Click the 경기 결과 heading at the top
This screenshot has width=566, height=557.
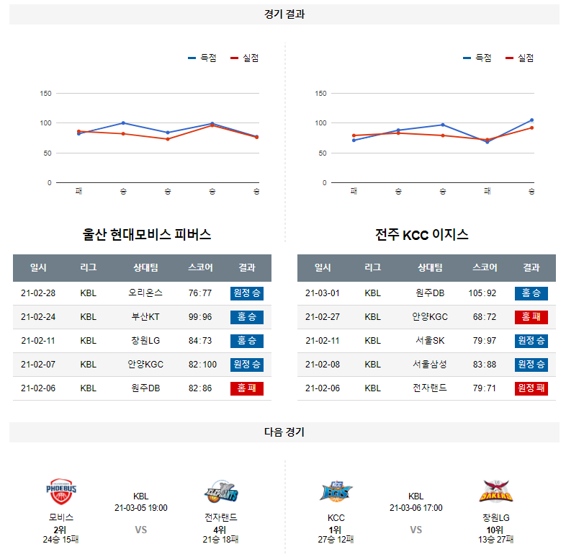(x=284, y=14)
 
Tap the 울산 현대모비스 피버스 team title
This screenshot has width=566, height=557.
(x=147, y=235)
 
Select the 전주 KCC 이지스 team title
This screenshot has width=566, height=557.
(x=422, y=235)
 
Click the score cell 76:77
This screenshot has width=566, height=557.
(x=199, y=293)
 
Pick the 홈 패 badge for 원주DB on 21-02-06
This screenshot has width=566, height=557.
(x=246, y=388)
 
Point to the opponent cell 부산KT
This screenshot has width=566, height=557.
(x=145, y=317)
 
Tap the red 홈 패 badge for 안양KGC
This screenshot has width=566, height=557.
(x=531, y=317)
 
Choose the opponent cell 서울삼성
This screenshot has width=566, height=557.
(x=430, y=365)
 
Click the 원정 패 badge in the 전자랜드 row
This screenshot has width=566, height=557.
(x=531, y=388)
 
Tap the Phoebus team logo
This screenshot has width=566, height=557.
(x=61, y=492)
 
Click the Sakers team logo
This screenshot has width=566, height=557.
(x=495, y=492)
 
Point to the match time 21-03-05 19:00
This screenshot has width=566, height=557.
(x=141, y=508)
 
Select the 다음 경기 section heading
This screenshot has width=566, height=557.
(x=284, y=432)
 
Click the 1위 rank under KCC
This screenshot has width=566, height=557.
(x=336, y=530)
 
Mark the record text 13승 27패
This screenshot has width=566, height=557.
(x=496, y=540)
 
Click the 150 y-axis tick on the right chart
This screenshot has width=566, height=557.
(x=321, y=93)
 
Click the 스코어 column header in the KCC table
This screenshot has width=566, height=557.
(x=485, y=268)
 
